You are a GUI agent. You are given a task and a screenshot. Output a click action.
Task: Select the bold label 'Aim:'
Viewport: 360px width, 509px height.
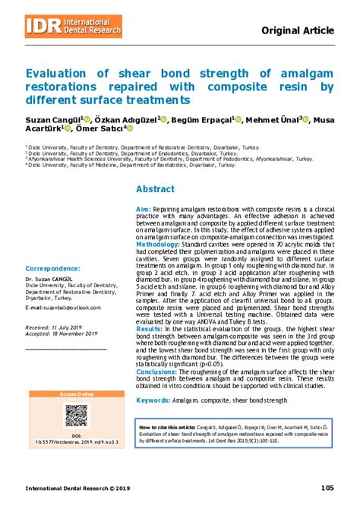pyautogui.click(x=143, y=208)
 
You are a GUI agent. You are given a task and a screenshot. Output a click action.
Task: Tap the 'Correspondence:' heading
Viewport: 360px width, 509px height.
pyautogui.click(x=52, y=268)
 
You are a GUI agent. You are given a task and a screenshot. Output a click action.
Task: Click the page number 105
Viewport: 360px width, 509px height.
pyautogui.click(x=328, y=487)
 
